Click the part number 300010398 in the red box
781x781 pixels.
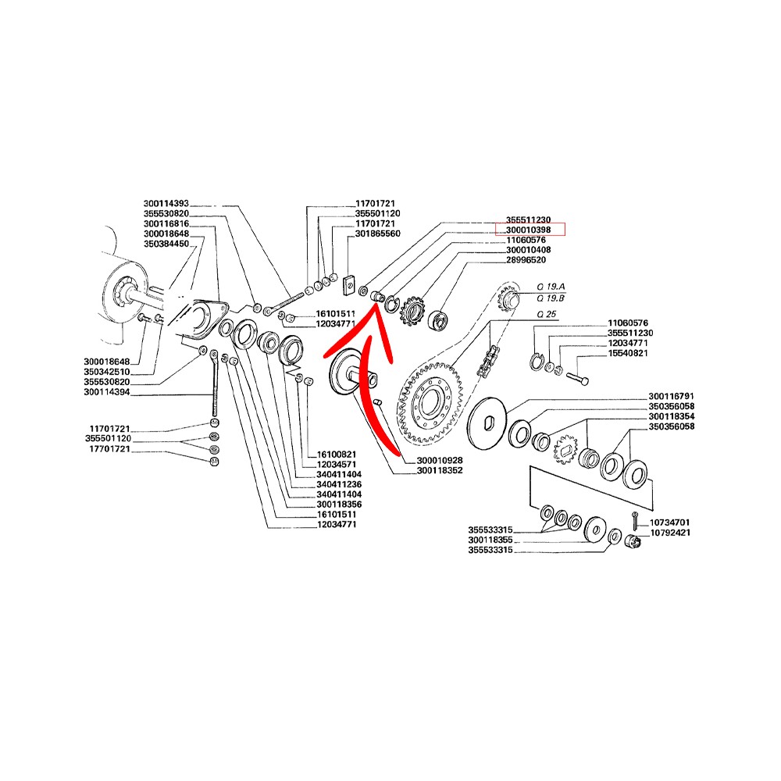[x=528, y=230]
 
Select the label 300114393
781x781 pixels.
[x=166, y=203]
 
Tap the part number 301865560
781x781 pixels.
[x=377, y=233]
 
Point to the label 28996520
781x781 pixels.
[x=526, y=259]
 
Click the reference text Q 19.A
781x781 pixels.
[x=551, y=287]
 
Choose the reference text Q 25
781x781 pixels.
[x=547, y=314]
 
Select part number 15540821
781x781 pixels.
[x=628, y=353]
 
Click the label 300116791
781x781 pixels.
[x=672, y=396]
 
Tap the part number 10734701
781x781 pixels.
[x=670, y=522]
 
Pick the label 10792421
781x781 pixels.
[x=670, y=533]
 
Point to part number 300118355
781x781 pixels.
[x=490, y=540]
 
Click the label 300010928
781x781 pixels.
[x=440, y=460]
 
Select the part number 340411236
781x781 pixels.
[x=339, y=484]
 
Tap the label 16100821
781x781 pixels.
[x=337, y=455]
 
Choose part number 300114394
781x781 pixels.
[x=106, y=392]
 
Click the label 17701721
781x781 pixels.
[x=109, y=449]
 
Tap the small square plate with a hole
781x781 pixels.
[x=350, y=285]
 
